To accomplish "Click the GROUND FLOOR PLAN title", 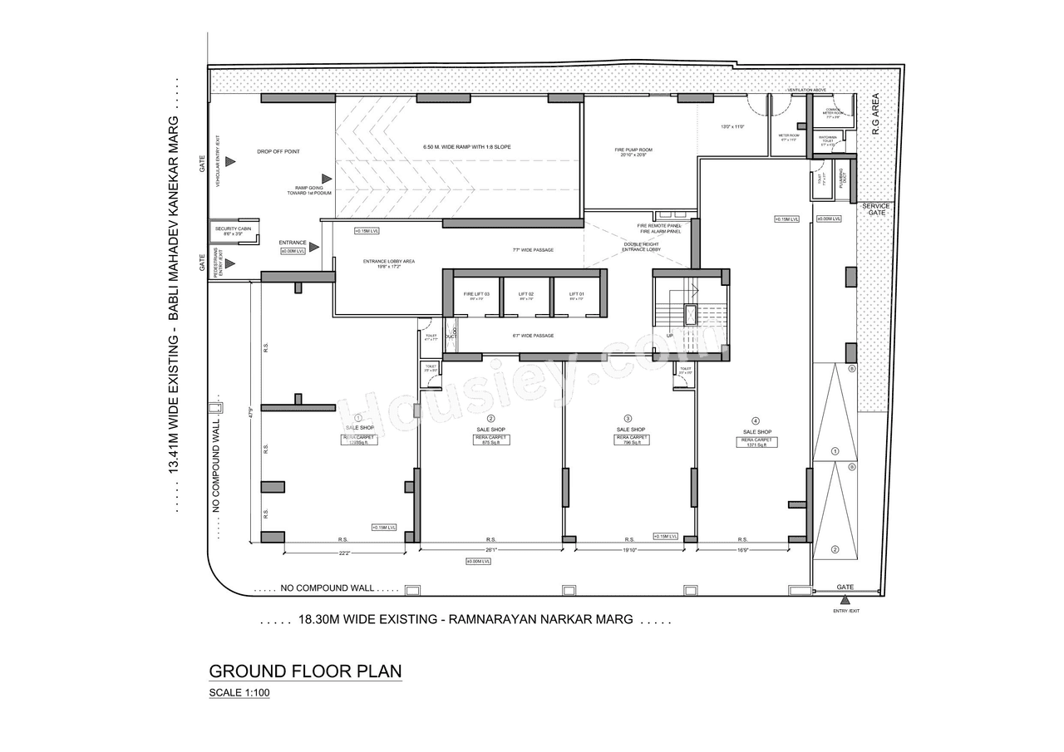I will click(x=305, y=671).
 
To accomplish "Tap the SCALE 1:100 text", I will click(x=239, y=693).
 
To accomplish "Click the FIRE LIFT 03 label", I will click(x=476, y=294).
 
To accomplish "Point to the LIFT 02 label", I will click(x=525, y=294).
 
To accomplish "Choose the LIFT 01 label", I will click(x=576, y=294).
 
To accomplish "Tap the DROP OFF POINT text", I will click(x=278, y=152).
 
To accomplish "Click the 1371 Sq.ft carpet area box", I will click(x=756, y=442).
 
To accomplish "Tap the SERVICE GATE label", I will click(x=875, y=209).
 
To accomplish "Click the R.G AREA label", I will click(x=874, y=114).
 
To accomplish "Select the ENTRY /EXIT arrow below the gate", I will click(x=846, y=600).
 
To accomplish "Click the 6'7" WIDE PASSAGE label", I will click(x=532, y=336).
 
